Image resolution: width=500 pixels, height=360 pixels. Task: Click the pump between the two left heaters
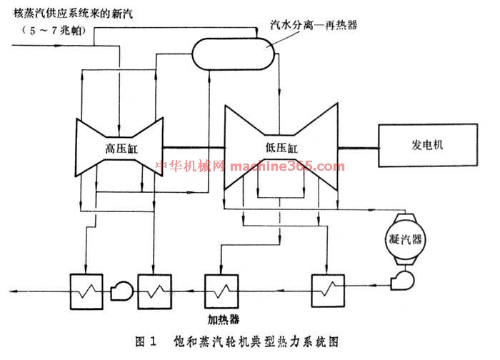[119, 289]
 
